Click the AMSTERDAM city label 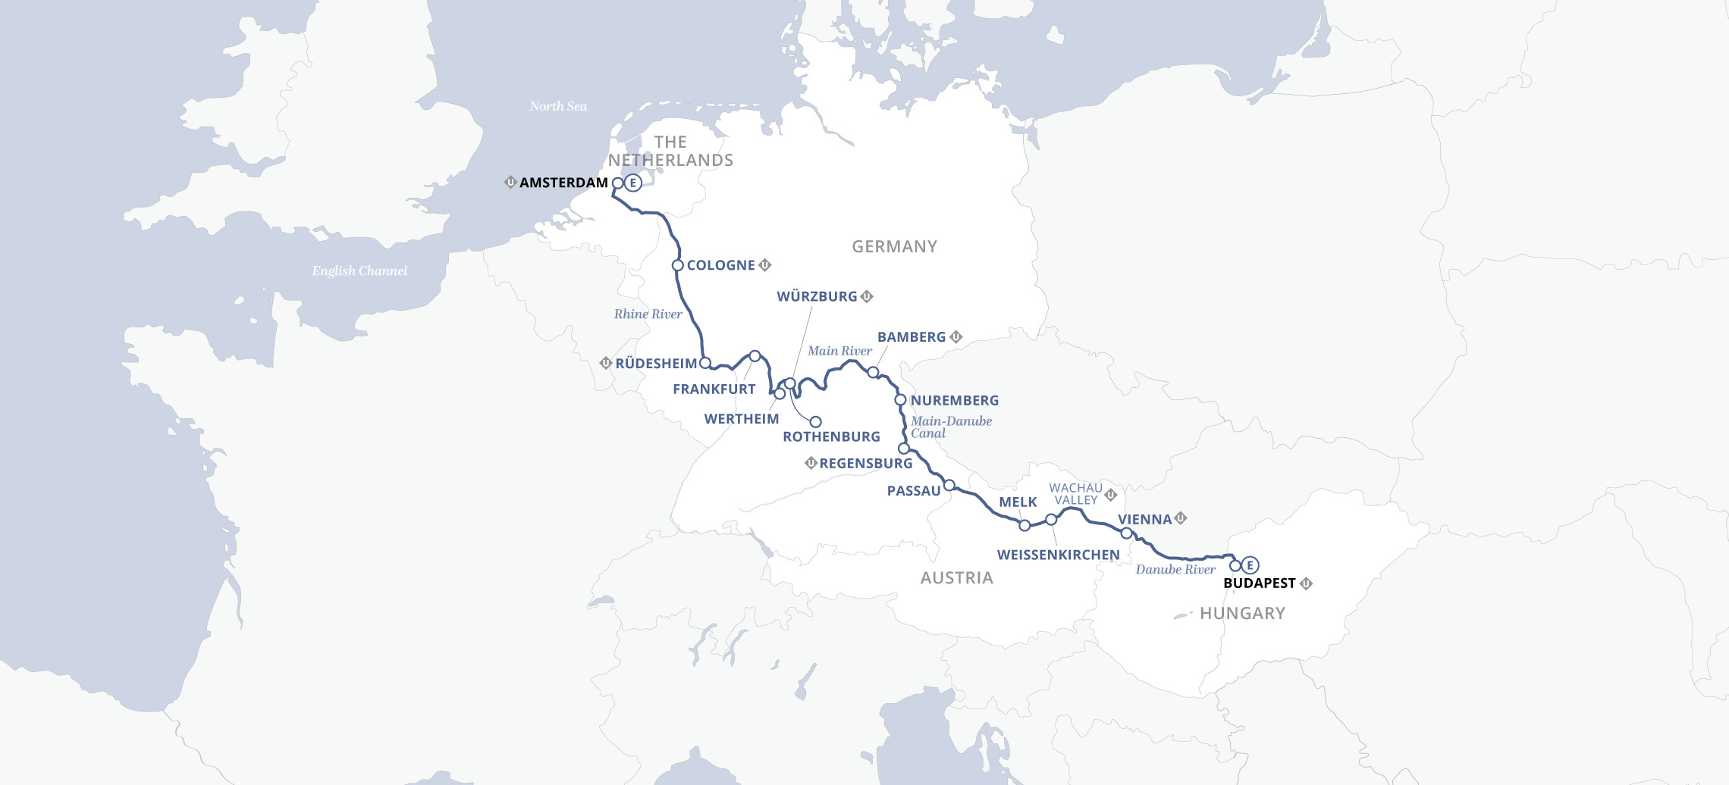click(563, 183)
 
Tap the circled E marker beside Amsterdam click(633, 183)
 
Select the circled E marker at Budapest click(1250, 565)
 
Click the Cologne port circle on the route click(678, 265)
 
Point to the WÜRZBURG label click(817, 296)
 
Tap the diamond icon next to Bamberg click(956, 336)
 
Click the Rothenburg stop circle click(816, 422)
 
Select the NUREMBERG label click(954, 400)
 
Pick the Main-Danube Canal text click(950, 427)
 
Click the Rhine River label click(648, 314)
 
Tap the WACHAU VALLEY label click(1075, 494)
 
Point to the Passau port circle click(949, 485)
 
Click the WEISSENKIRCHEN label click(1058, 555)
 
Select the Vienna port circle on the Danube click(1126, 533)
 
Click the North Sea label click(558, 106)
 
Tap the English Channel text click(359, 271)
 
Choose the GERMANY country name click(894, 246)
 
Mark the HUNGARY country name click(1242, 613)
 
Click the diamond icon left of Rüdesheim click(605, 363)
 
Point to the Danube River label click(1175, 569)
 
